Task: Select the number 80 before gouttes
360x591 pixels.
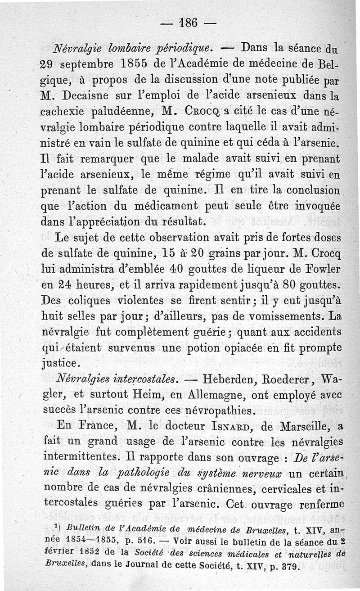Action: coord(282,286)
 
